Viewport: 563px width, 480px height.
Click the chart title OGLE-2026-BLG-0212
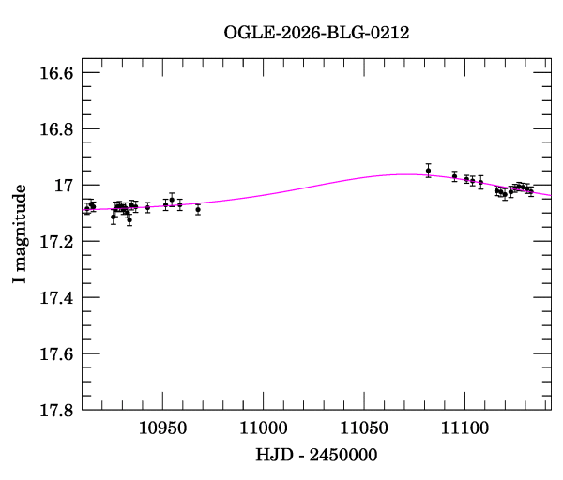[x=316, y=33]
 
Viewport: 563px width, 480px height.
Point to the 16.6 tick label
[x=55, y=73]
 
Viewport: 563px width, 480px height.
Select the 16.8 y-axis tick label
[x=55, y=129]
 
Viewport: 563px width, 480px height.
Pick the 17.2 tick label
[x=55, y=242]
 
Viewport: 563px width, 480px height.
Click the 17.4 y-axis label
[x=55, y=298]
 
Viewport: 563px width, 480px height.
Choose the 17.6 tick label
[x=55, y=354]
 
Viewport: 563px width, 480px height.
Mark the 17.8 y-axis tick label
[x=55, y=411]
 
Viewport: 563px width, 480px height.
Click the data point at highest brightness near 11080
[x=428, y=171]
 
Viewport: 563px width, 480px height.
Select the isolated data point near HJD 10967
[x=198, y=209]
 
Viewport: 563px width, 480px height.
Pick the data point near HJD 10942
[x=147, y=207]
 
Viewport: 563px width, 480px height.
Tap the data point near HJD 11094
[x=454, y=176]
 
